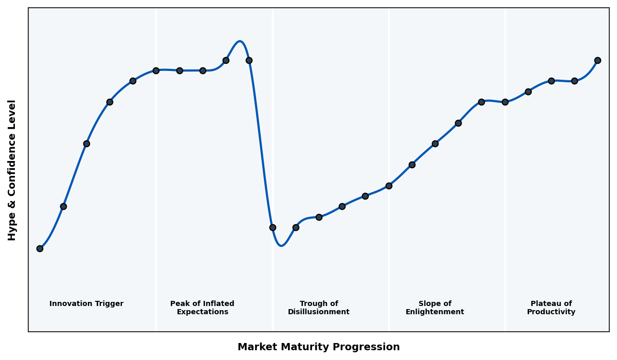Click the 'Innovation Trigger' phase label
point(86,304)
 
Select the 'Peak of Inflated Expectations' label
point(202,308)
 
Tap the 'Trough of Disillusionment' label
point(318,308)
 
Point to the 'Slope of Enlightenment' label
point(434,308)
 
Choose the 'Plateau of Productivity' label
point(551,308)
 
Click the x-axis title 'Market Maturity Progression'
point(318,347)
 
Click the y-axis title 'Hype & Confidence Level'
point(12,170)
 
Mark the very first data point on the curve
point(40,248)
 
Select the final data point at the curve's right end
point(597,60)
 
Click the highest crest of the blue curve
point(240,42)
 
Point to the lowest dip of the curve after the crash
point(281,245)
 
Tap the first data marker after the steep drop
point(273,227)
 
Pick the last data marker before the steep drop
point(249,60)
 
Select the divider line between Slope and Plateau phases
point(505,206)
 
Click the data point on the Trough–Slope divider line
point(389,186)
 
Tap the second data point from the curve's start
point(63,206)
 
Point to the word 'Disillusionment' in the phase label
point(318,312)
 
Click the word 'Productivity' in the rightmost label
point(551,312)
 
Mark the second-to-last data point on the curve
point(574,81)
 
